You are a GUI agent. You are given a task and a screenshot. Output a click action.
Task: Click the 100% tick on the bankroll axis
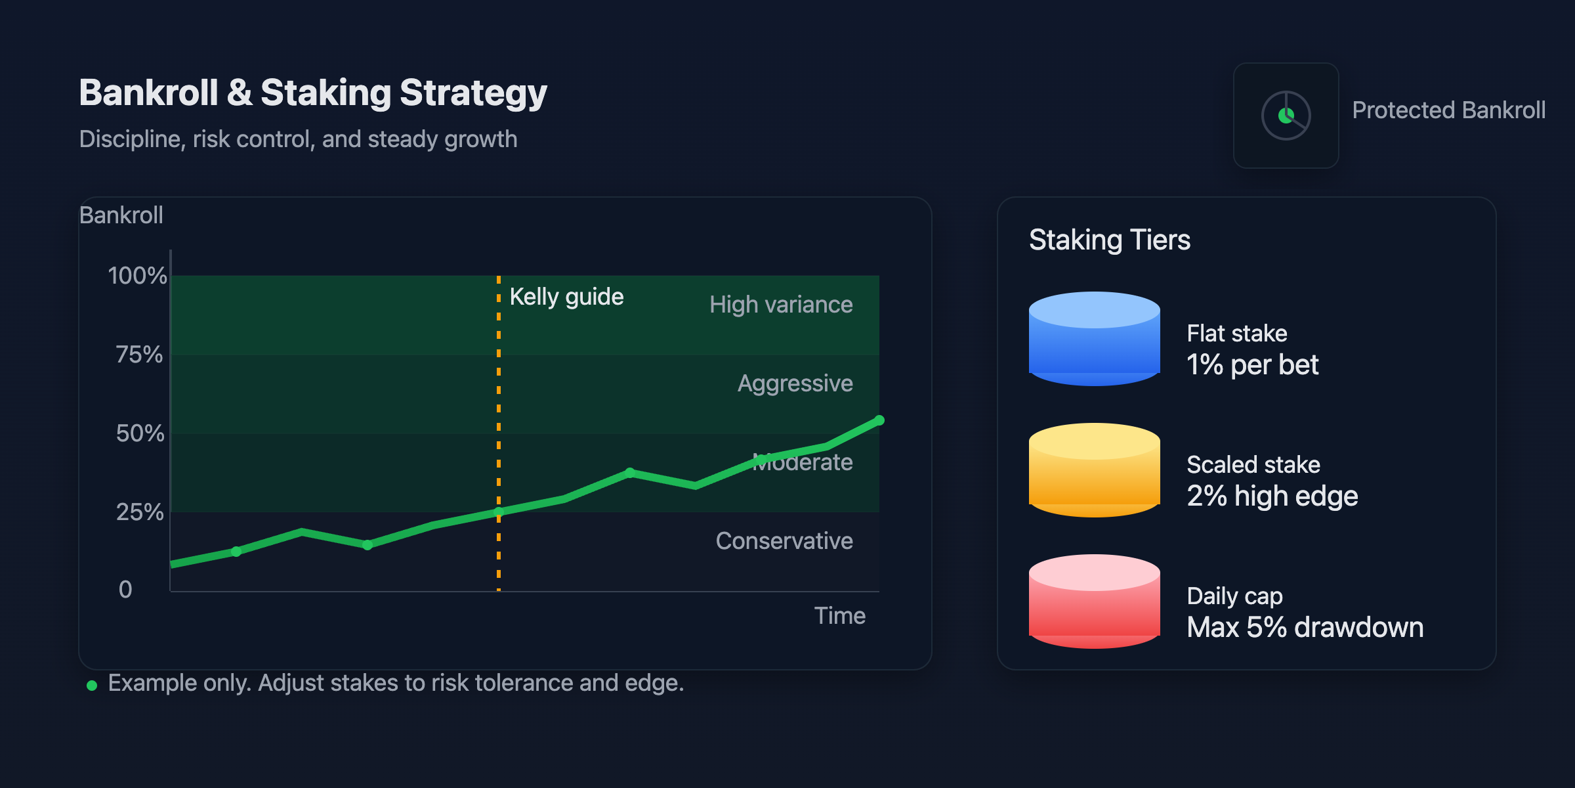coord(137,276)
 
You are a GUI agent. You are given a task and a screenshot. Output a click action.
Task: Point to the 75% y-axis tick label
coord(139,355)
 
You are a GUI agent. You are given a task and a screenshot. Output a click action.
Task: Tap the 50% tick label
coord(140,433)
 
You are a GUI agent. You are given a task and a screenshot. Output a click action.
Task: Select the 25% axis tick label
coord(140,512)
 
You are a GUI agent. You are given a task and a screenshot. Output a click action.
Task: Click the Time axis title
coord(839,616)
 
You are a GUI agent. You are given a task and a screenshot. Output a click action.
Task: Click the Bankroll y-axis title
coord(121,215)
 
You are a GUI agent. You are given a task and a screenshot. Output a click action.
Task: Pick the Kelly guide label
coord(566,297)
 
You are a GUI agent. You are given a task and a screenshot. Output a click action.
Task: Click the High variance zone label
coord(781,305)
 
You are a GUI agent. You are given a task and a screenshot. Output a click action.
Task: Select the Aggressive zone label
coord(795,383)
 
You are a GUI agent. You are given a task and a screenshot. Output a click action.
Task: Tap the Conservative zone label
coord(784,541)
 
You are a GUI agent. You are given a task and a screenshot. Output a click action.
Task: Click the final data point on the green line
coord(879,420)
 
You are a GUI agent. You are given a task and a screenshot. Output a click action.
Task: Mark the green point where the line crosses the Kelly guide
coord(499,512)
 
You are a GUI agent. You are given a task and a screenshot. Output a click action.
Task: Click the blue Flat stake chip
coord(1095,339)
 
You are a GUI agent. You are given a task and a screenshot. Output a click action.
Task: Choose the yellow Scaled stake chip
coord(1095,470)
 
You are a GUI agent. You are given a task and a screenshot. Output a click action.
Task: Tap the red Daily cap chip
coord(1095,602)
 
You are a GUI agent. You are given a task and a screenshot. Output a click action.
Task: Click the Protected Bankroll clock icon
coord(1286,116)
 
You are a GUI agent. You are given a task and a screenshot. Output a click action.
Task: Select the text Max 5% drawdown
coord(1305,628)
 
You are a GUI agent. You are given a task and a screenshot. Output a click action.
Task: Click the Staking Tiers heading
coord(1110,240)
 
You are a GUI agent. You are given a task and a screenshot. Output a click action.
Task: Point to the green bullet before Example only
coord(92,686)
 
